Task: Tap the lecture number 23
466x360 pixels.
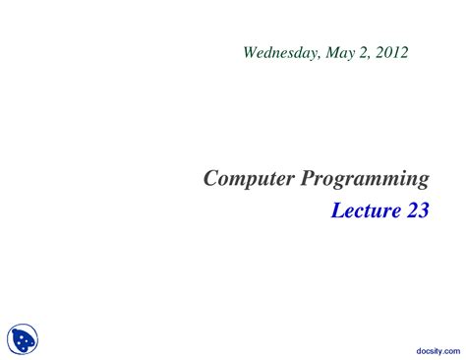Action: pos(417,210)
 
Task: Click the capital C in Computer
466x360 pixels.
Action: pos(210,178)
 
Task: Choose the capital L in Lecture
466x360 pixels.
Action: pos(336,210)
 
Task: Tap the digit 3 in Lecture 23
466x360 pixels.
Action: pos(423,210)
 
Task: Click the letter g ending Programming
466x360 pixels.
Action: pos(423,181)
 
